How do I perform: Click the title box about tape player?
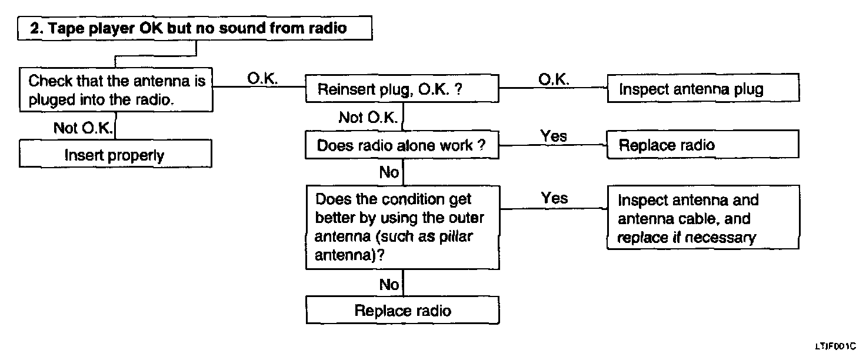[x=195, y=28]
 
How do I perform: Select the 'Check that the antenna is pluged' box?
[x=116, y=90]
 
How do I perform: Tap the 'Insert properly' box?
[x=115, y=154]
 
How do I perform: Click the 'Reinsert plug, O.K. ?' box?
[x=402, y=89]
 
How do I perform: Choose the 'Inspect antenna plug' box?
[x=703, y=88]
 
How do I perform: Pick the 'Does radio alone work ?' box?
[x=402, y=145]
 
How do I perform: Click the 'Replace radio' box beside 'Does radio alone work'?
[x=703, y=144]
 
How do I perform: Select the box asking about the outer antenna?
[x=402, y=228]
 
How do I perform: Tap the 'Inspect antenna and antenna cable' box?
[x=703, y=217]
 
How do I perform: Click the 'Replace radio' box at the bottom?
[x=402, y=310]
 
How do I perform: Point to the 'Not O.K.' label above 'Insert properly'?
[x=83, y=128]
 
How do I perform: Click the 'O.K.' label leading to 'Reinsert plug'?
[x=262, y=78]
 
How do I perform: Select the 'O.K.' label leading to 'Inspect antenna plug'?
[x=554, y=79]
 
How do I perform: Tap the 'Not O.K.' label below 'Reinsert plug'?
[x=368, y=117]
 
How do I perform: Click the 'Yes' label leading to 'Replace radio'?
[x=554, y=136]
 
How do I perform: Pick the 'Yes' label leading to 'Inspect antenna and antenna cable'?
[x=554, y=198]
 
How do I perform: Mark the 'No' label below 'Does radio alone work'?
[x=389, y=172]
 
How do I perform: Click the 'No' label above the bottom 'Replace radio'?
[x=389, y=285]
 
